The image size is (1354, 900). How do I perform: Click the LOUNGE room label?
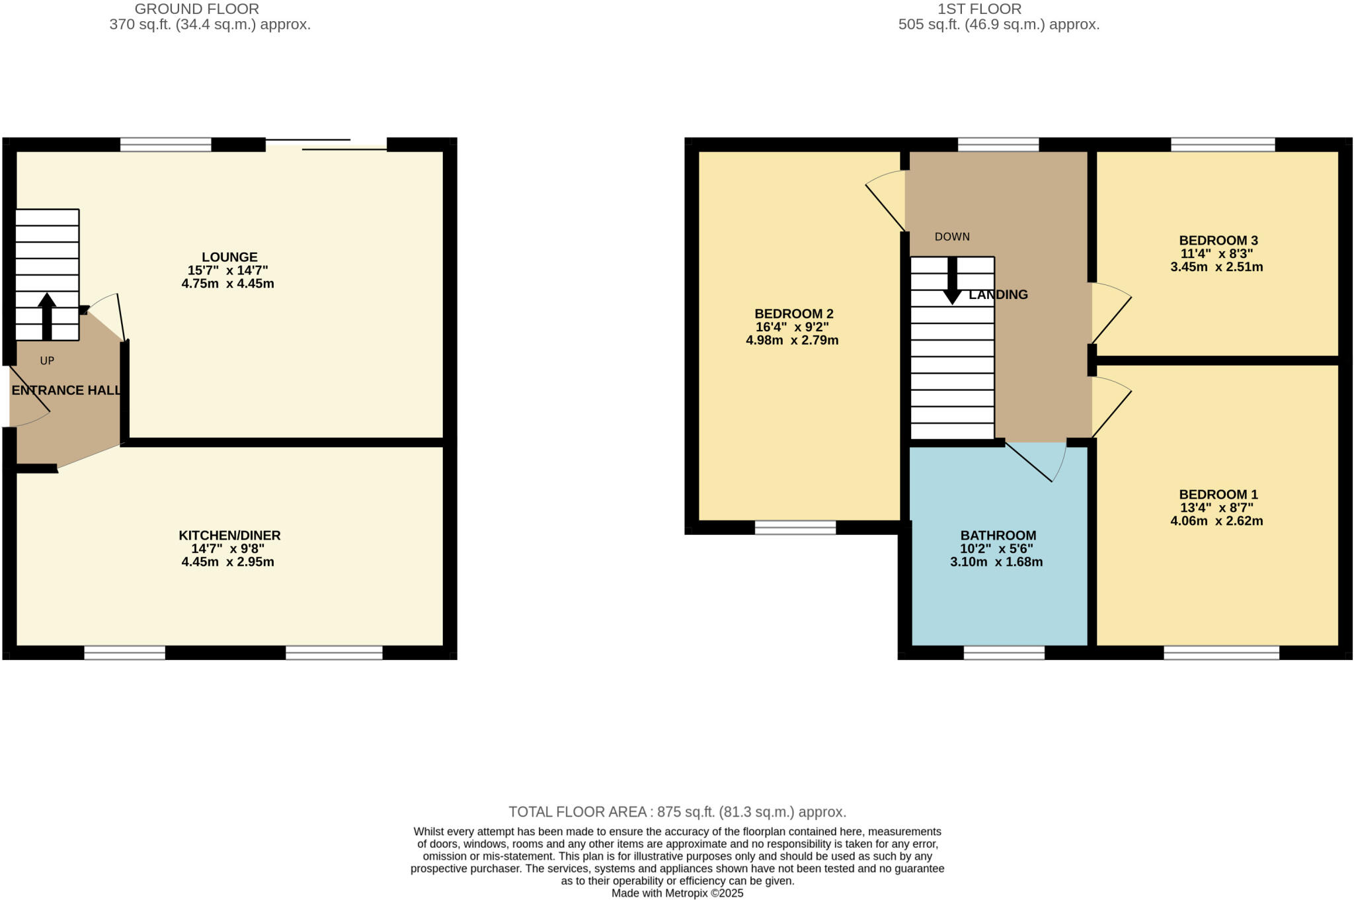pos(229,257)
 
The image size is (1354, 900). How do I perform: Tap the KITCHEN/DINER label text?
pos(229,535)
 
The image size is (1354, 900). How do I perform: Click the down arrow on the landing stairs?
pos(952,281)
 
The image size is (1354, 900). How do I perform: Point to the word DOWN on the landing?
pos(952,237)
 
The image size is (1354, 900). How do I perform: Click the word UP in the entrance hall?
pos(47,360)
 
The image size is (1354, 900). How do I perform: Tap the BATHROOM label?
pos(998,535)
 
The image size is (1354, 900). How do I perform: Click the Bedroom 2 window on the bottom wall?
pos(795,527)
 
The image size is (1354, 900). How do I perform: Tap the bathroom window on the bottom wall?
pos(1004,653)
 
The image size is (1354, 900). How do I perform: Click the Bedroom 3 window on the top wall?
pos(1222,144)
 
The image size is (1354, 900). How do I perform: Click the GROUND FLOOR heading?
pos(196,9)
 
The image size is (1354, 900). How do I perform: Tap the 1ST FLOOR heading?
pos(998,9)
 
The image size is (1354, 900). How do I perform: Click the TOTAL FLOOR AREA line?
pos(677,811)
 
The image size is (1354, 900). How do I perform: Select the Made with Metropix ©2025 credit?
pos(677,893)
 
